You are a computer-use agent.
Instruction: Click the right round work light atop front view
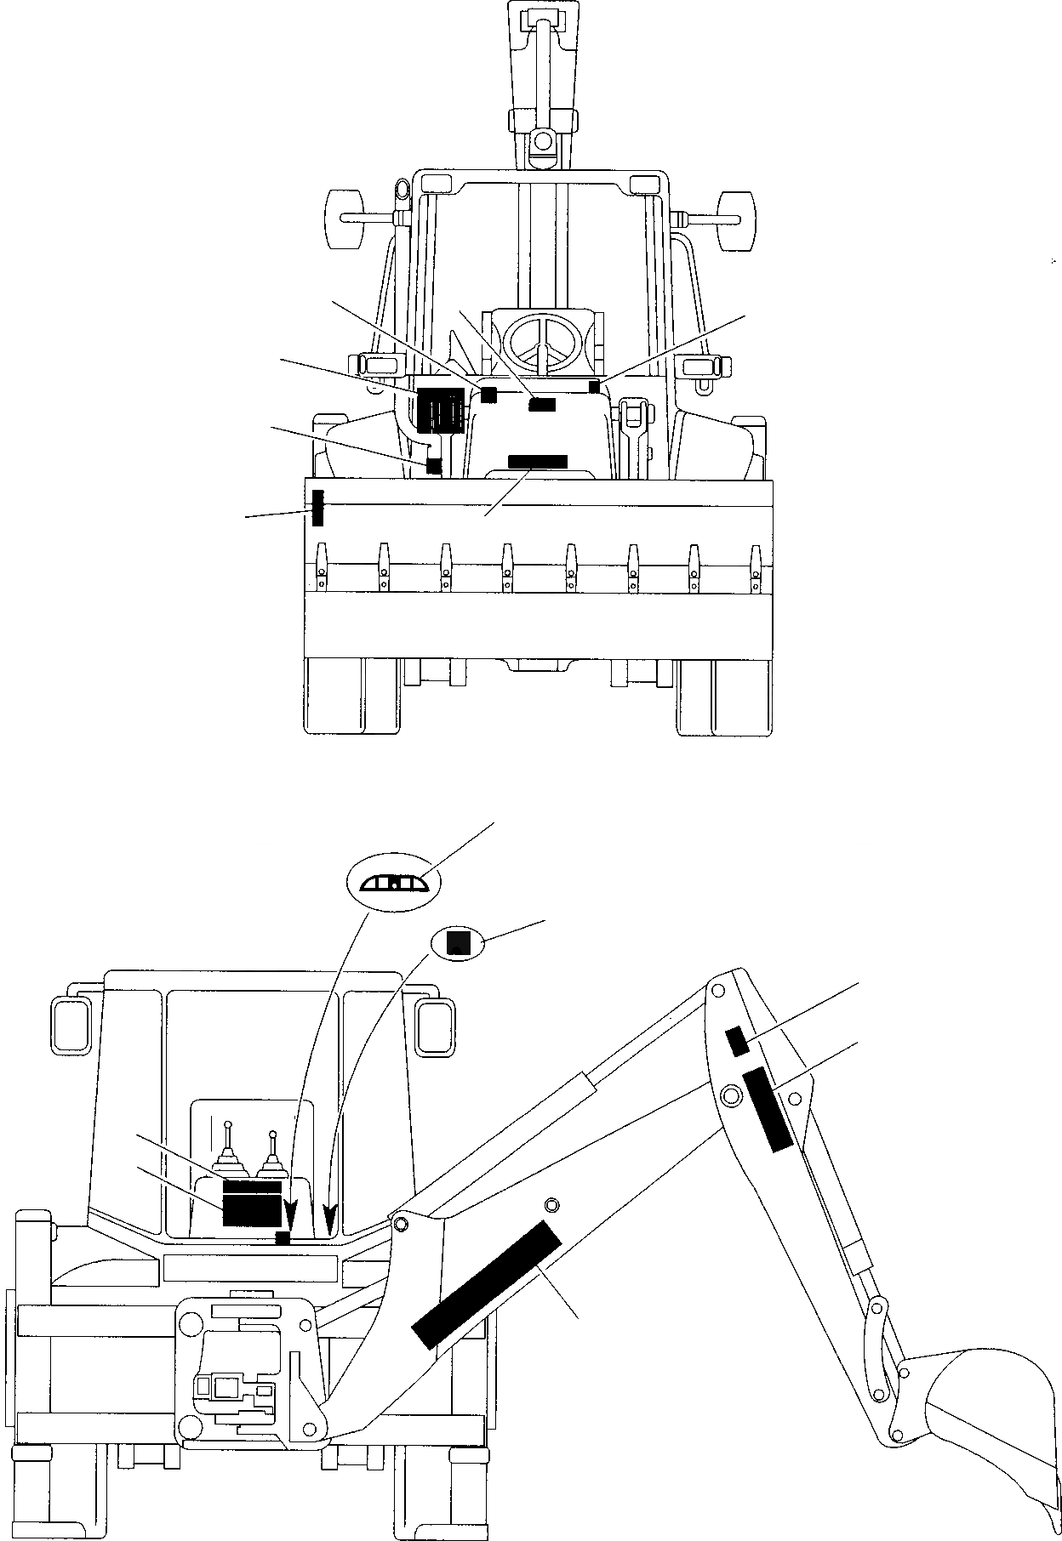(736, 219)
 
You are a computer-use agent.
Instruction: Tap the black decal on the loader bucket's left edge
(317, 508)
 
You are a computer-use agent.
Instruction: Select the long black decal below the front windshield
(537, 461)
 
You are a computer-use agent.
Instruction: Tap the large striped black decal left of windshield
(440, 410)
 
